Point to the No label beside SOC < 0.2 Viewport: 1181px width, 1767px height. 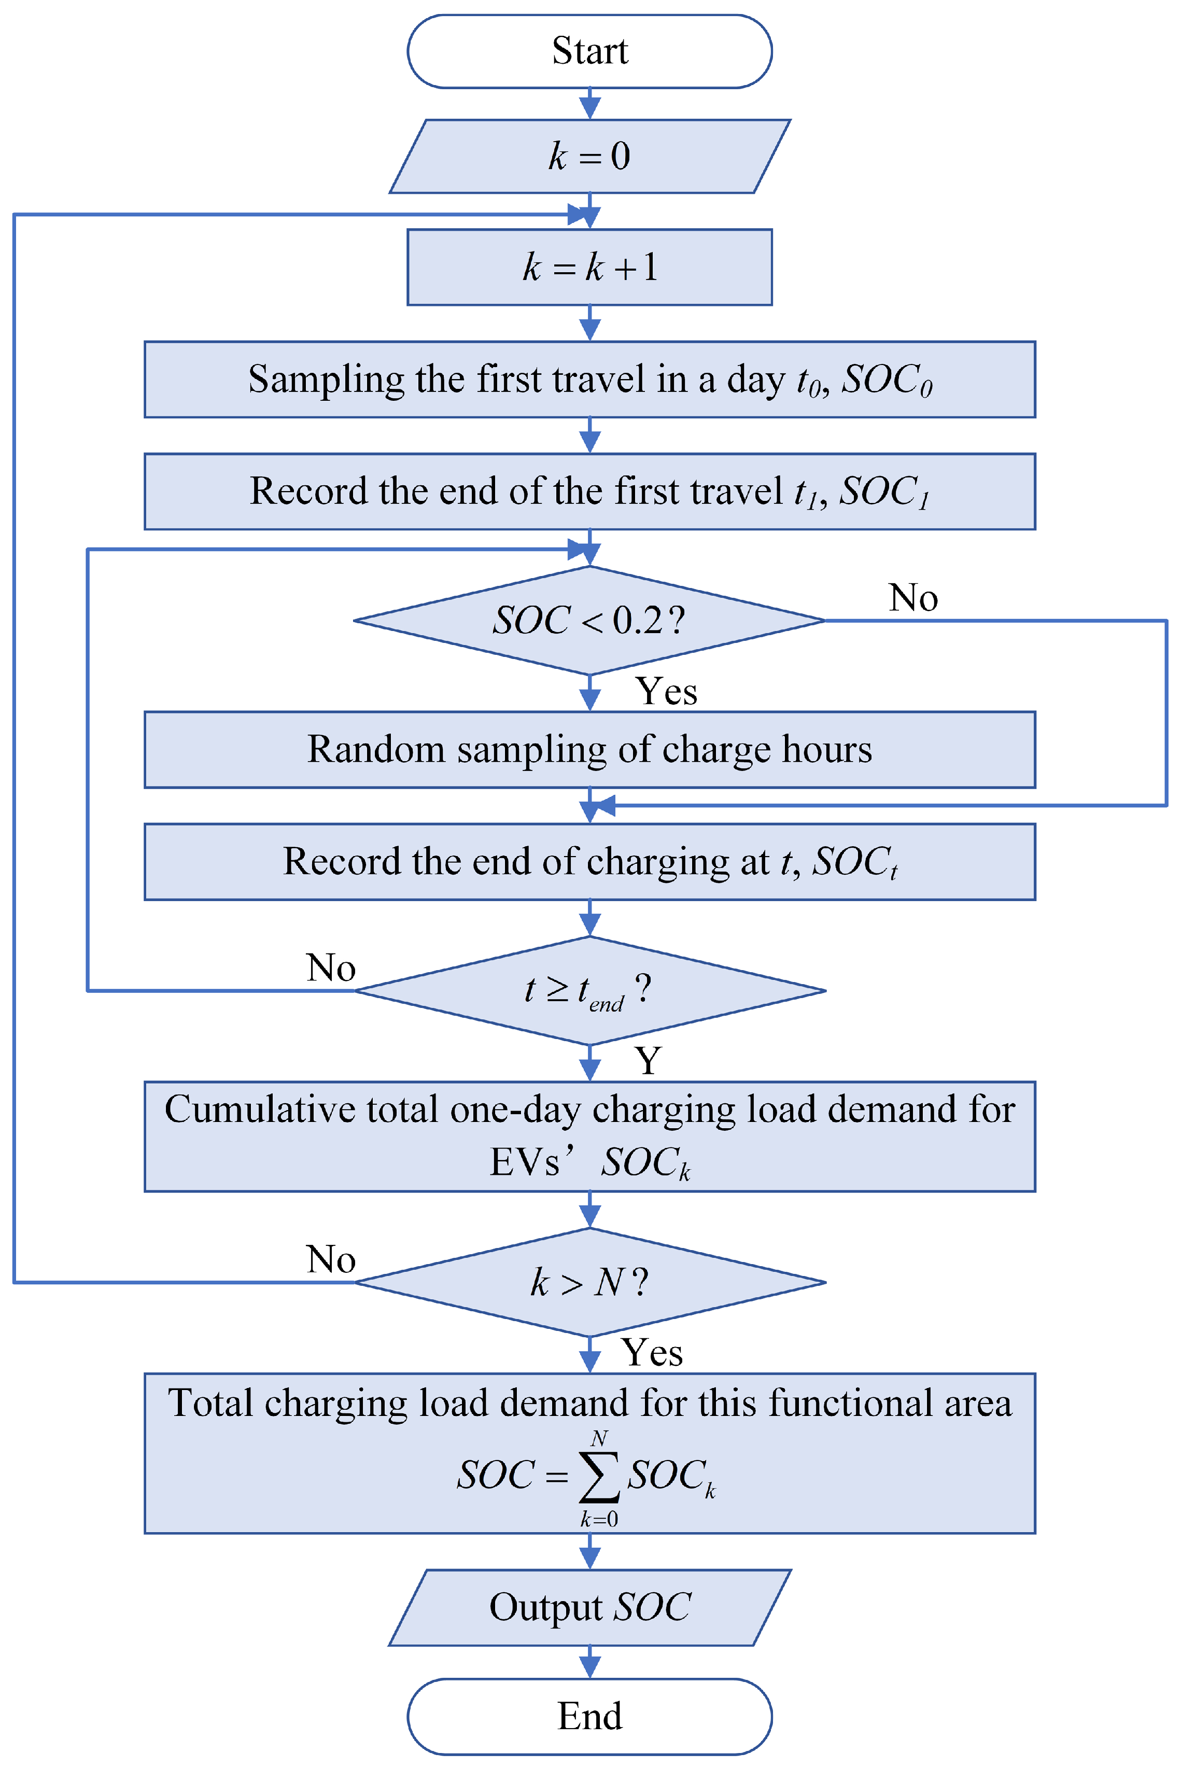pos(913,597)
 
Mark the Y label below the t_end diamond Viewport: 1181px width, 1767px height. pos(647,1060)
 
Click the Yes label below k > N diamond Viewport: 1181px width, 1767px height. pos(652,1352)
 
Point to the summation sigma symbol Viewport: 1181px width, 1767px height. pos(599,1476)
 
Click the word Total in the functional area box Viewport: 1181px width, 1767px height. pos(209,1403)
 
